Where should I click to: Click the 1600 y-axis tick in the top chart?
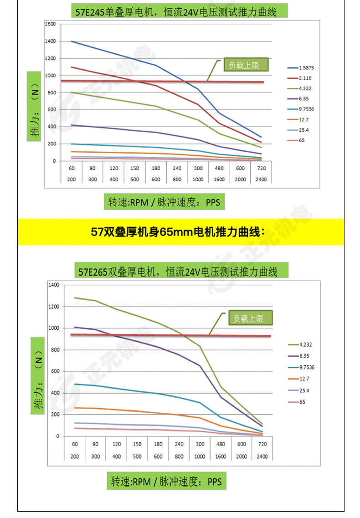click(x=50, y=24)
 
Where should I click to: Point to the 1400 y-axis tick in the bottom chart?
click(x=54, y=285)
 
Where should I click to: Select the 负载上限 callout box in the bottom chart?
click(x=249, y=318)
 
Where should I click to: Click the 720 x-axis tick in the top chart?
click(x=261, y=169)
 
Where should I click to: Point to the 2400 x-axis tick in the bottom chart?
click(x=262, y=456)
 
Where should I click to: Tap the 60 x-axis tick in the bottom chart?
click(x=74, y=444)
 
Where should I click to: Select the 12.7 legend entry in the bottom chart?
click(x=302, y=379)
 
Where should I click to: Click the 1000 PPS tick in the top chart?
click(x=198, y=180)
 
